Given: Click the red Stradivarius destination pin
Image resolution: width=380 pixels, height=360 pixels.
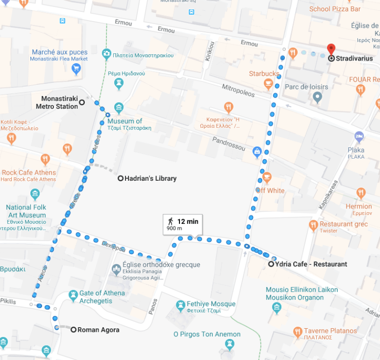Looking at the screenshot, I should (331, 50).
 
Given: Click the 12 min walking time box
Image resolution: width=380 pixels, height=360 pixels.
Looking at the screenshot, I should (183, 224).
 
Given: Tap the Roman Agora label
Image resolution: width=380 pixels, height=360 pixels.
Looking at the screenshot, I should (98, 330).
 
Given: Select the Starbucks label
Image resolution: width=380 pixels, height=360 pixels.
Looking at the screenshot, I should (264, 74).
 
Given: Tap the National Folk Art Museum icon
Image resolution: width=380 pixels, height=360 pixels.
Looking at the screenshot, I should (35, 194).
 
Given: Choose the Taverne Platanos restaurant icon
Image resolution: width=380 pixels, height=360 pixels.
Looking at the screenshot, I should (297, 331).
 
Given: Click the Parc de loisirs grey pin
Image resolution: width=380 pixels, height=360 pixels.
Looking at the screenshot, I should (318, 96).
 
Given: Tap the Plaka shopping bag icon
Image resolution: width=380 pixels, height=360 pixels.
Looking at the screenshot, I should (359, 137).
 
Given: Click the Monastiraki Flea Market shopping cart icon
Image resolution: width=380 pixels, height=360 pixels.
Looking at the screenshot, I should (76, 68).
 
